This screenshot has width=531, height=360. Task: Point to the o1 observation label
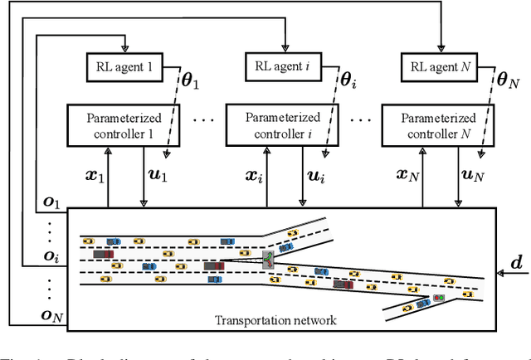pyautogui.click(x=52, y=200)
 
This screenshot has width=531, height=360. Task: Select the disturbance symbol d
pyautogui.click(x=515, y=263)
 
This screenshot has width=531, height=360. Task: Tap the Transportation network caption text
pyautogui.click(x=270, y=320)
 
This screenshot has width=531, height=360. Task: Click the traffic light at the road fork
pyautogui.click(x=268, y=259)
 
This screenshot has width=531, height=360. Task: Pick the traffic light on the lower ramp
pyautogui.click(x=436, y=297)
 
